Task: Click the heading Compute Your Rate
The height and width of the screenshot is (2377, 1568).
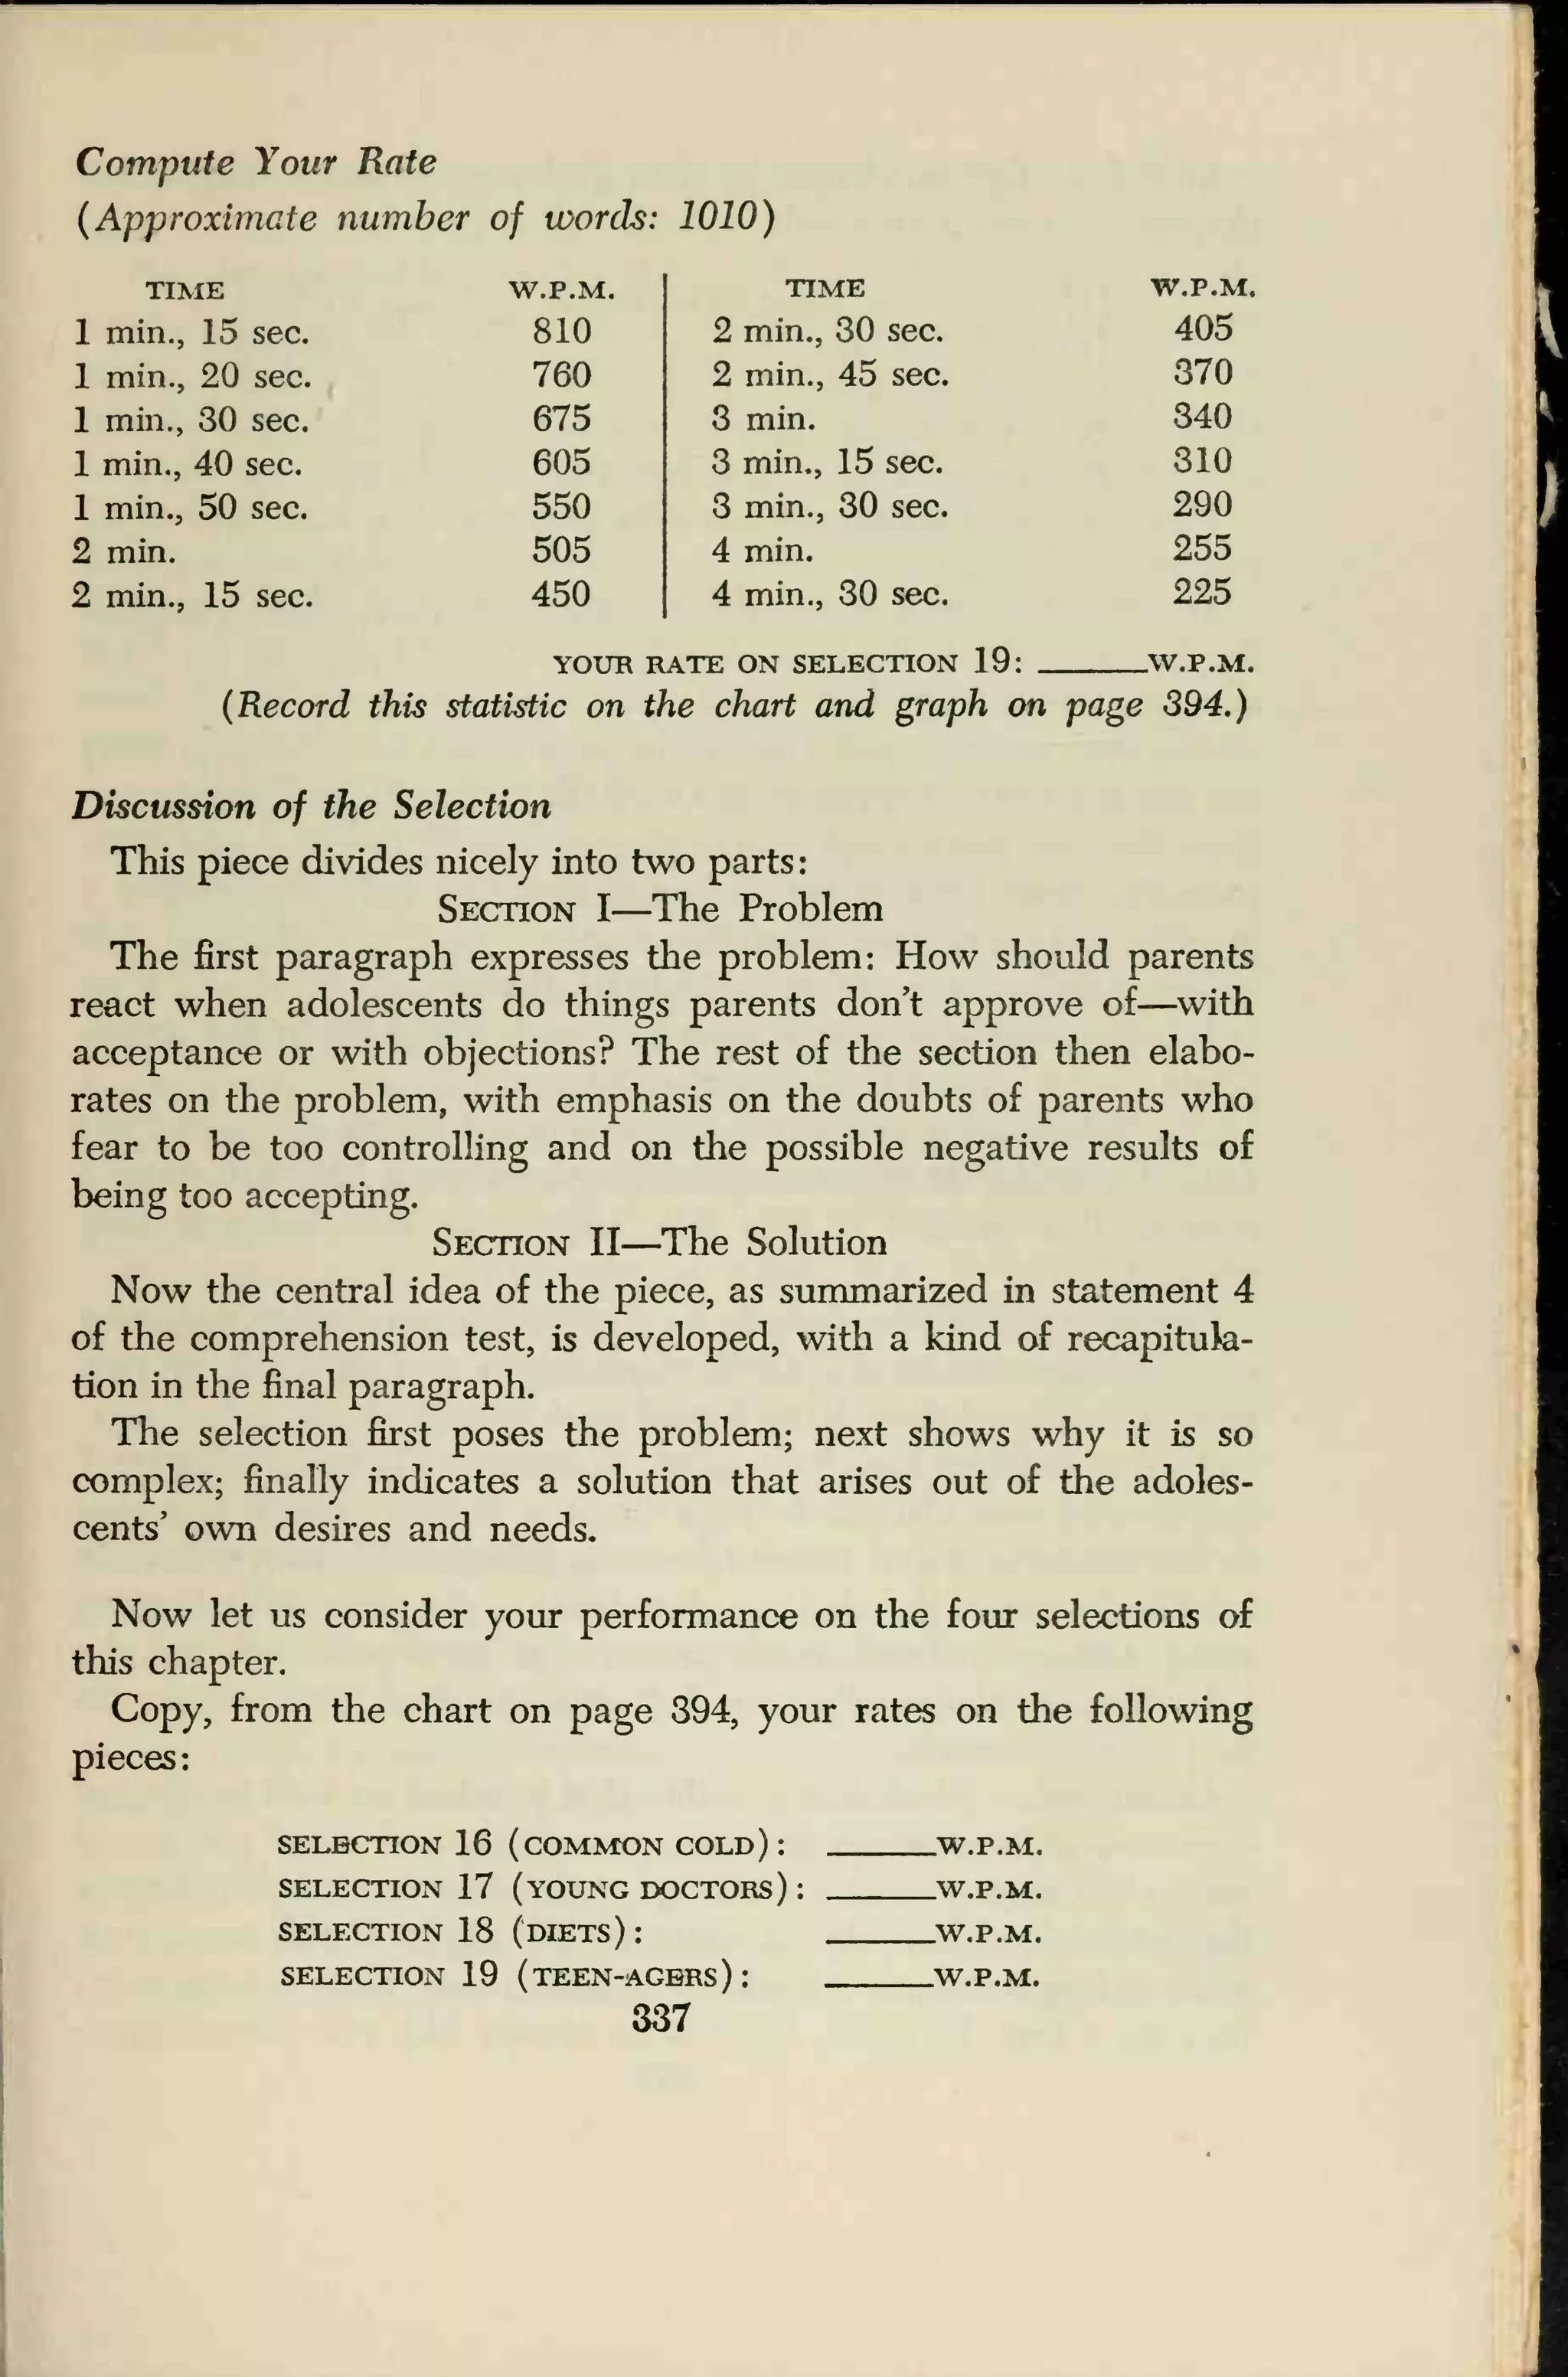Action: click(255, 162)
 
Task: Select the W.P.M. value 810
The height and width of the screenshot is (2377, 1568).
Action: click(561, 331)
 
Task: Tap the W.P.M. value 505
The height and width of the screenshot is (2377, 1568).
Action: click(561, 550)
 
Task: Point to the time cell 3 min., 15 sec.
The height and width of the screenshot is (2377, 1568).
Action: click(827, 462)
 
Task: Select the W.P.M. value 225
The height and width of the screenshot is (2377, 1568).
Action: click(1202, 592)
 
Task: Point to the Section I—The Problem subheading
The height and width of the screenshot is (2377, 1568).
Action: click(660, 908)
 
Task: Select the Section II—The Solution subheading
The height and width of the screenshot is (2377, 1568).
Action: click(659, 1242)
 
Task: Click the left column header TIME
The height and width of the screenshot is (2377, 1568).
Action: click(185, 291)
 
